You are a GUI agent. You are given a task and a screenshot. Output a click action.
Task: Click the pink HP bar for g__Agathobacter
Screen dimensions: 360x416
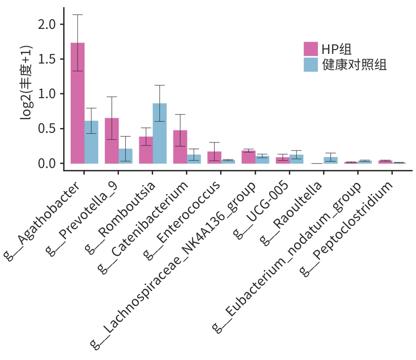[78, 103]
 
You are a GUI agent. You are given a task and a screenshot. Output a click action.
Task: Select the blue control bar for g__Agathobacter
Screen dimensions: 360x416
[91, 142]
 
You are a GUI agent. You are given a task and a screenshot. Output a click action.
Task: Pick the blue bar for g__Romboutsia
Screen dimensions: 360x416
[159, 133]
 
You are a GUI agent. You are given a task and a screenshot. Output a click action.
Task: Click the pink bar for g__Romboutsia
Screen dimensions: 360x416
[146, 150]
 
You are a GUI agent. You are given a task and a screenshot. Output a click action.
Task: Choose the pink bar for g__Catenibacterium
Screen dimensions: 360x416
[180, 147]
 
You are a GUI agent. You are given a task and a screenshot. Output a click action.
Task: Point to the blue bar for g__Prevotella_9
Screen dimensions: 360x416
[126, 156]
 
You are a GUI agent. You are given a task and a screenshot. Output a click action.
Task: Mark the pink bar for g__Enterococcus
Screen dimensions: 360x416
[214, 158]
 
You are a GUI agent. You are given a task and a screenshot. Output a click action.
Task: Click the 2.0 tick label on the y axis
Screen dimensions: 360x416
[47, 25]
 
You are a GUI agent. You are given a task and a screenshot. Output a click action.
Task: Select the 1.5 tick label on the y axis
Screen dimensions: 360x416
[47, 59]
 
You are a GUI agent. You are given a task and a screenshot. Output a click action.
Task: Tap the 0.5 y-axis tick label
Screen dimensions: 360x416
[47, 129]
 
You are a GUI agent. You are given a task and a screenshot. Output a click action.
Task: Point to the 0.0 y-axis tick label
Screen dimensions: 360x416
[47, 164]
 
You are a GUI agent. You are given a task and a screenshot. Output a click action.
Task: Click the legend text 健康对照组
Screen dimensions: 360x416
[354, 65]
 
